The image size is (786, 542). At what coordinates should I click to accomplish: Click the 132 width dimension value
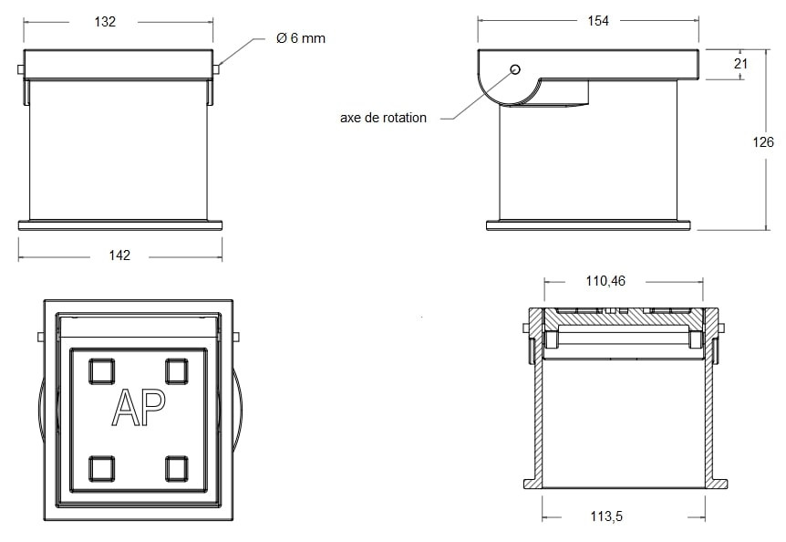(105, 22)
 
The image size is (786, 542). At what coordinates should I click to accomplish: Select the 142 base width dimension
(119, 255)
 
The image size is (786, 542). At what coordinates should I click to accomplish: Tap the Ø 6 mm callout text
(301, 38)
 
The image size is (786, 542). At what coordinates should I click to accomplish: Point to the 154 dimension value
(598, 21)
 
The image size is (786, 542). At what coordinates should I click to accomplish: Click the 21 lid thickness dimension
(740, 64)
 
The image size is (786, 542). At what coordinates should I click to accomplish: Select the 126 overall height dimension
(763, 142)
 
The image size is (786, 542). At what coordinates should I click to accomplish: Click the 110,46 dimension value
(605, 281)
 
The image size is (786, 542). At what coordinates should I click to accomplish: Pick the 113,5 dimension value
(606, 516)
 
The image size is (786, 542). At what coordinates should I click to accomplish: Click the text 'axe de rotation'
(384, 118)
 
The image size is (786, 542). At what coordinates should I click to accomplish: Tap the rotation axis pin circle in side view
(515, 69)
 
